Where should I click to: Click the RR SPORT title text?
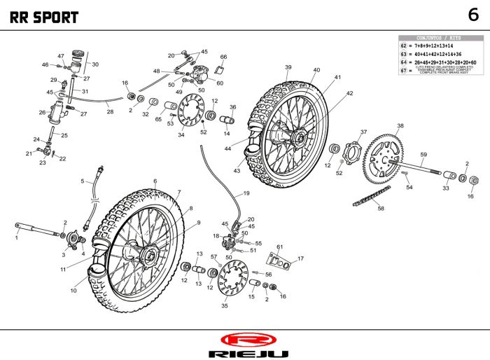tap(43, 18)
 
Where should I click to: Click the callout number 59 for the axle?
tap(423, 154)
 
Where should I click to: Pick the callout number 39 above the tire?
tap(288, 67)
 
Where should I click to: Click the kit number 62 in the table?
tap(403, 45)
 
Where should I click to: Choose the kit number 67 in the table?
tap(403, 71)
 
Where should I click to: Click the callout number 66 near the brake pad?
tap(223, 57)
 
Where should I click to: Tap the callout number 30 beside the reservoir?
tap(95, 64)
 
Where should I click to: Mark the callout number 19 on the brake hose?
tap(246, 193)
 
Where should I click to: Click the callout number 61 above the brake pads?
tap(279, 247)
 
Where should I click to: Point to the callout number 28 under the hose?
tap(110, 111)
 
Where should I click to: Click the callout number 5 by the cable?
tap(83, 181)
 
